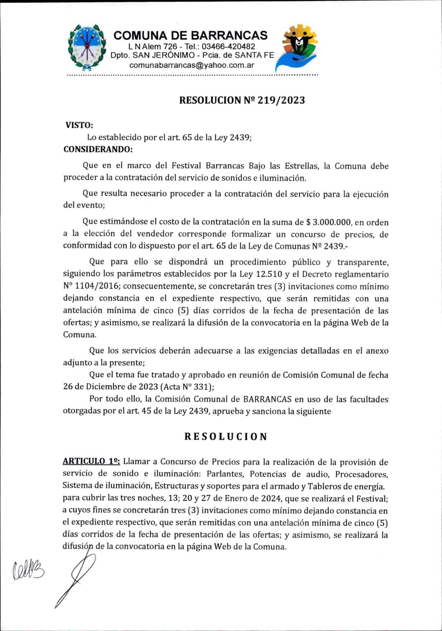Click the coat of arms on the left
pyautogui.click(x=86, y=47)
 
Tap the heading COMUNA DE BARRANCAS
pyautogui.click(x=190, y=35)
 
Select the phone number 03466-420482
pyautogui.click(x=231, y=47)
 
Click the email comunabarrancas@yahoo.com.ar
pyautogui.click(x=192, y=65)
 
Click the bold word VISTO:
pyautogui.click(x=79, y=125)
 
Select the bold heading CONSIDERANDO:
pyautogui.click(x=98, y=149)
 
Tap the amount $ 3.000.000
pyautogui.click(x=329, y=222)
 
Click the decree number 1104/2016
pyautogui.click(x=97, y=286)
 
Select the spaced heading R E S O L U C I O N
pyautogui.click(x=226, y=436)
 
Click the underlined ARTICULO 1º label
pyautogui.click(x=91, y=461)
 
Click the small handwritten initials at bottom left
pyautogui.click(x=29, y=570)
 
